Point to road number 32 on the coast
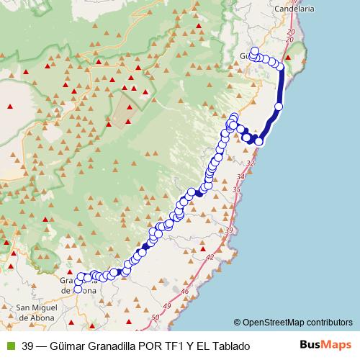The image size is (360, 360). tap(250, 163)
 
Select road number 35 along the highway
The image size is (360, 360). tap(236, 189)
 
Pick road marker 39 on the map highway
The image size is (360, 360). tap(229, 229)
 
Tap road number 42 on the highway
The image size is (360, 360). tap(210, 256)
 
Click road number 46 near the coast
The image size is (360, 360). tap(186, 291)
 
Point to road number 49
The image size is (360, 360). tap(168, 307)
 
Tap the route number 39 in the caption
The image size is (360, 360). tap(28, 346)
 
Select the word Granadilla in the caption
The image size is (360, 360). tap(114, 346)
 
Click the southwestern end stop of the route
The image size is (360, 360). tap(78, 289)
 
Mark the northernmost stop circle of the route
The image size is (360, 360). tap(254, 51)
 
